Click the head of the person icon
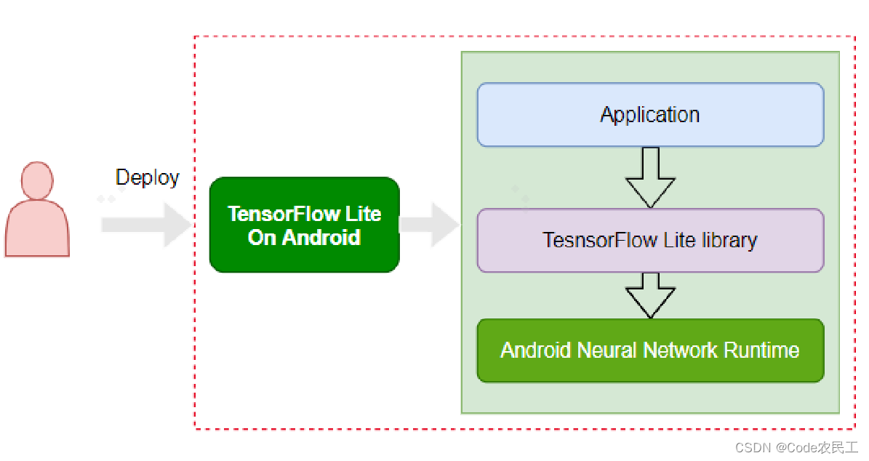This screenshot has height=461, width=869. [37, 180]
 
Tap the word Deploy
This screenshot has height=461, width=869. [147, 177]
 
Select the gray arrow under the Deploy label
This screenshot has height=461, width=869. [145, 225]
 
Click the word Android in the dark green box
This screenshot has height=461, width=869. [322, 237]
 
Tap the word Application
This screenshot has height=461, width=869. [650, 115]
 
